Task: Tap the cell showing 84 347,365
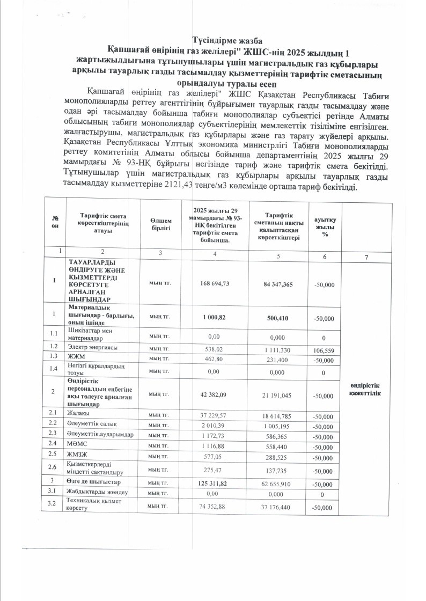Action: click(278, 284)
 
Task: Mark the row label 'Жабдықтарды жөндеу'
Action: click(97, 493)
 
